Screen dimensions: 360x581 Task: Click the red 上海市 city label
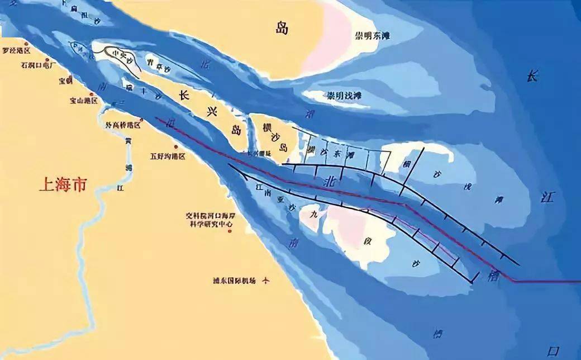[63, 184]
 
